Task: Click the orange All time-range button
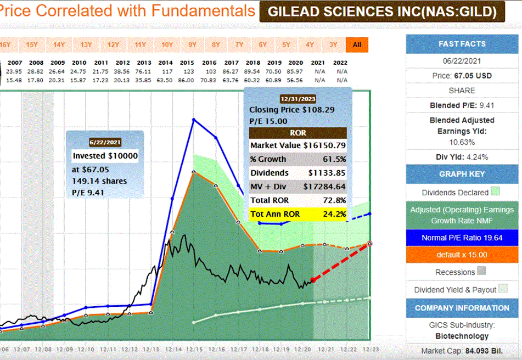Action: [x=357, y=44]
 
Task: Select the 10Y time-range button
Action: [x=167, y=44]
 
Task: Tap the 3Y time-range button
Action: [x=333, y=44]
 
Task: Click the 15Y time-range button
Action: [x=32, y=44]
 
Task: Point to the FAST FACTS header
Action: [x=462, y=44]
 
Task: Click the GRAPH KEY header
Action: [x=462, y=174]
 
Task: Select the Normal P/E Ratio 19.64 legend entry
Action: [x=462, y=238]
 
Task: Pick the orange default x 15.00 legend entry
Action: [x=462, y=255]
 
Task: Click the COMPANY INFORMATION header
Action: [x=462, y=308]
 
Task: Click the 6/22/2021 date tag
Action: [x=105, y=142]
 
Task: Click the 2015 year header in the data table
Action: [x=188, y=63]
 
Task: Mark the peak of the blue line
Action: [x=193, y=119]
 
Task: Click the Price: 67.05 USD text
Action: [x=462, y=75]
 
